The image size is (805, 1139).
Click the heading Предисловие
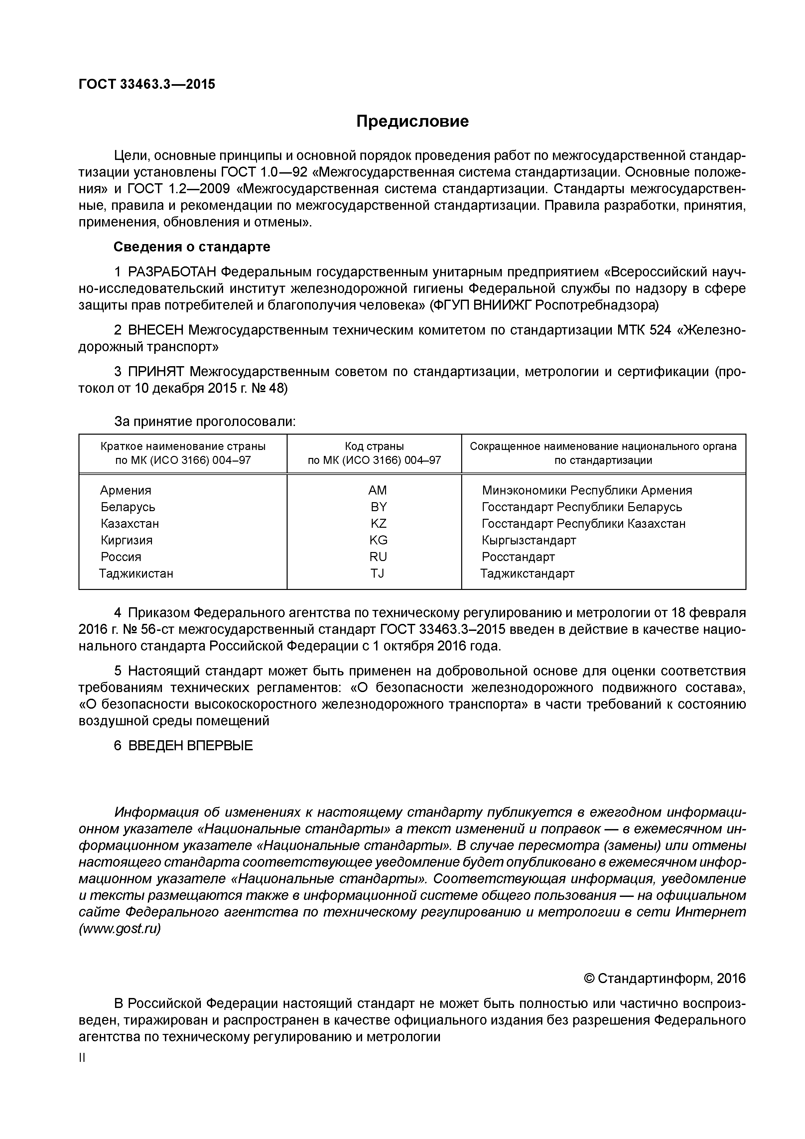coord(412,121)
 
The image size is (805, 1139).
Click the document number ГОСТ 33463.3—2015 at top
coord(147,84)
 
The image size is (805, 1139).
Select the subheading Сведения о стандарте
coord(192,246)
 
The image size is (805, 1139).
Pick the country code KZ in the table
coord(378,523)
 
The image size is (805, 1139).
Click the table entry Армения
coord(125,490)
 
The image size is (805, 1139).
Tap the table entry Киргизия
coord(126,540)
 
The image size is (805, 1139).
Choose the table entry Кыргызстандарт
coord(529,540)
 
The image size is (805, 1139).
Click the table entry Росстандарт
coord(518,557)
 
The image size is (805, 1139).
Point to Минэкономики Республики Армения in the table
coord(587,490)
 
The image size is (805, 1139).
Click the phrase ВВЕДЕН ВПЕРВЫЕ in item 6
coord(191,746)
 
